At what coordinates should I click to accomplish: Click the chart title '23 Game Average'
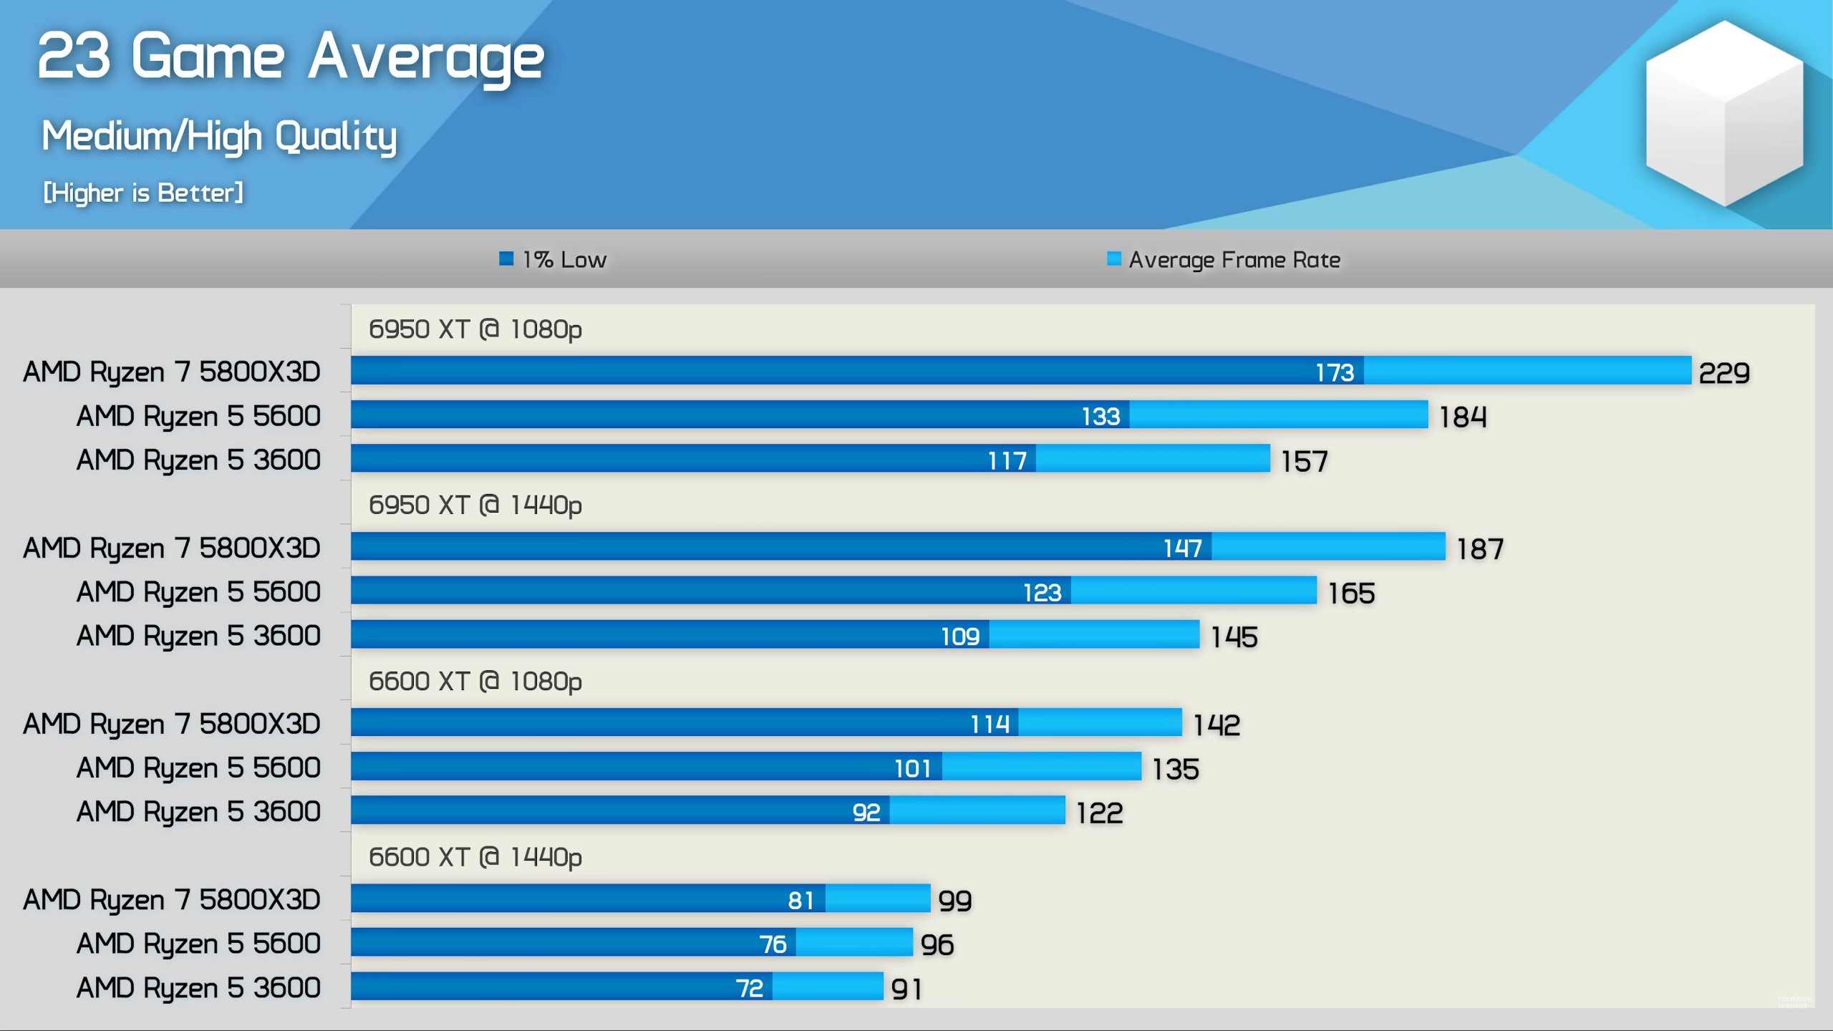(290, 57)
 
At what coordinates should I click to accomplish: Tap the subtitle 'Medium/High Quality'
(219, 136)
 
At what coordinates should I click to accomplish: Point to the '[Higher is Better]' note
(143, 193)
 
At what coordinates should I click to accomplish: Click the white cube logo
(1724, 113)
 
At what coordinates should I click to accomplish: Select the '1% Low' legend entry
(553, 259)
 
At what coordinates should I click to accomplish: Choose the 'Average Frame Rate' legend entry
(1224, 259)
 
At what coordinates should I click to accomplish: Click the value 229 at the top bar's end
(1724, 373)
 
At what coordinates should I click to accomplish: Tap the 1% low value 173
(1335, 372)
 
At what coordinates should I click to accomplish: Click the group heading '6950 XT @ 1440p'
(475, 505)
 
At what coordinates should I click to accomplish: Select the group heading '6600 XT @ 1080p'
(475, 682)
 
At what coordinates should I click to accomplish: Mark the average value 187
(1480, 549)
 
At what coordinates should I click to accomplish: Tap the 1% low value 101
(913, 769)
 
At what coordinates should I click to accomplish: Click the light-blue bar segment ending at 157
(1153, 459)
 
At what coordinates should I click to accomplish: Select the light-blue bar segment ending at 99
(878, 899)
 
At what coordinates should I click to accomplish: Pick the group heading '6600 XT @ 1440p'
(475, 857)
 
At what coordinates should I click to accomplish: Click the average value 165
(1351, 594)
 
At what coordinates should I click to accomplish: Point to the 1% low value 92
(866, 813)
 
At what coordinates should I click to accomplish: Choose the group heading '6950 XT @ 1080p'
(475, 329)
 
